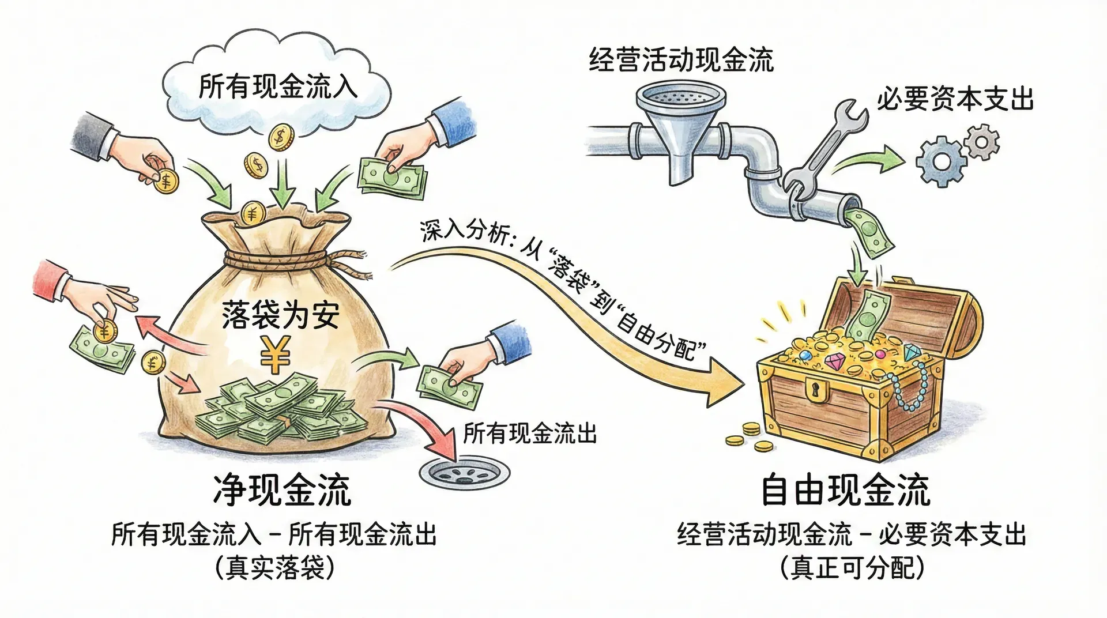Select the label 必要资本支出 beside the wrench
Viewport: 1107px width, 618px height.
point(955,100)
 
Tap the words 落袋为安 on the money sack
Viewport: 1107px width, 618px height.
point(281,316)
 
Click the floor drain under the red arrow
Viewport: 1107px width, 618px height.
point(464,473)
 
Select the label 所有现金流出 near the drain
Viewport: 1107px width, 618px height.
point(530,434)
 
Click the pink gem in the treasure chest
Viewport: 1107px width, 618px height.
point(834,363)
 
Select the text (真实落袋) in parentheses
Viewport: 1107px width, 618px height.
point(274,568)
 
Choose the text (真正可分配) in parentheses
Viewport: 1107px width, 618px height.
point(852,568)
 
